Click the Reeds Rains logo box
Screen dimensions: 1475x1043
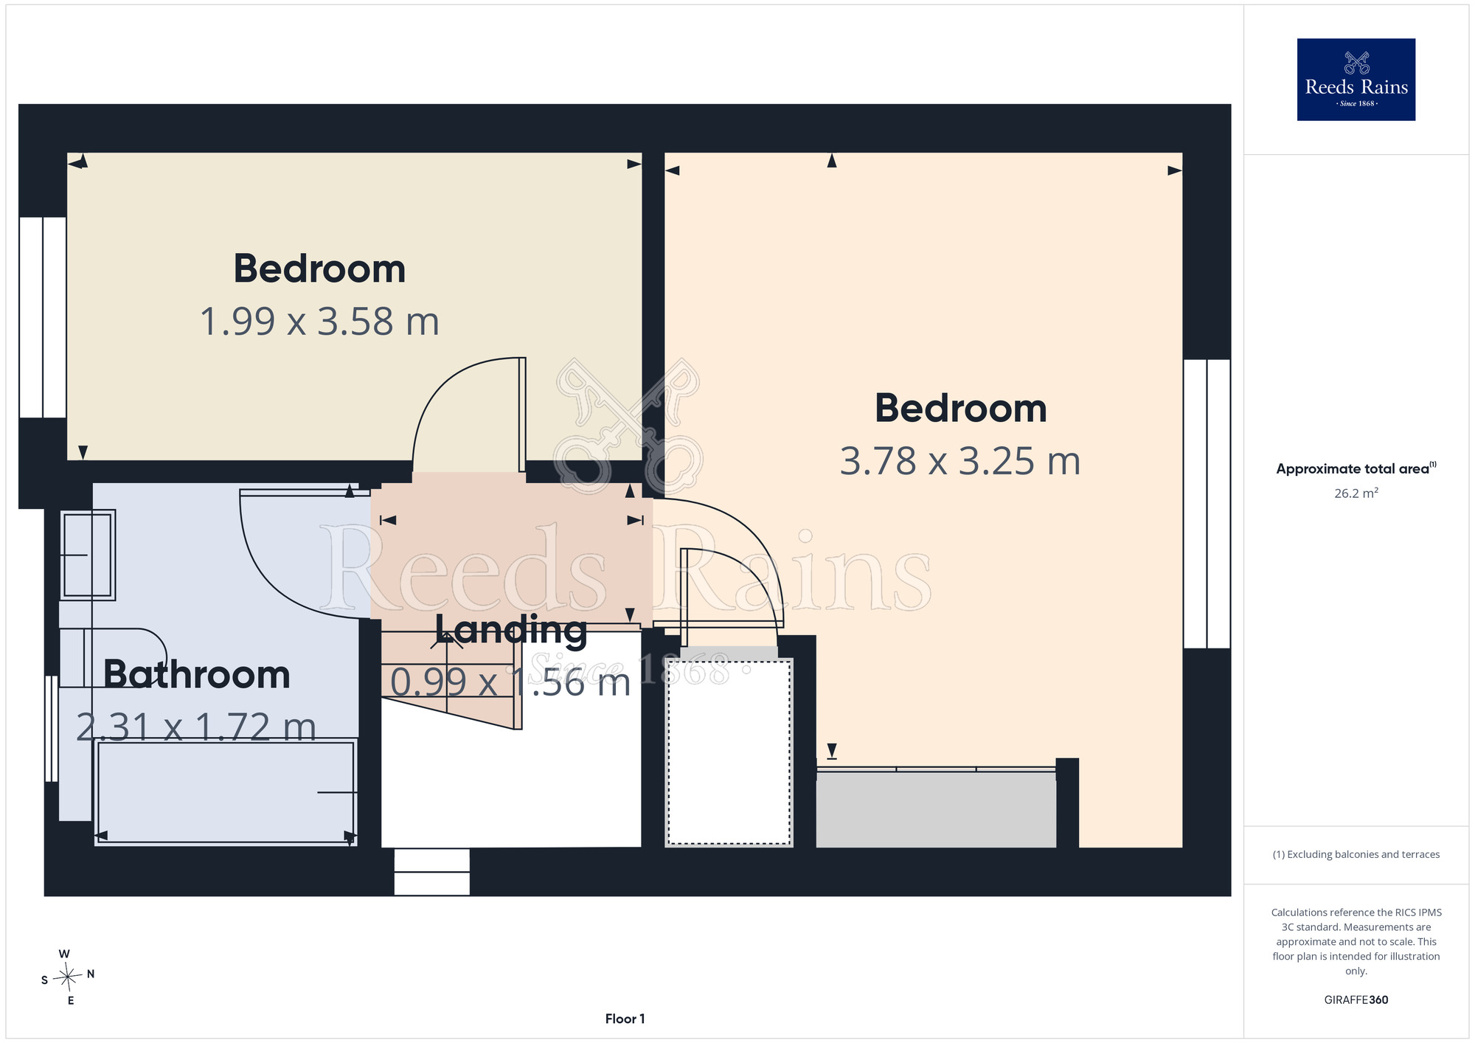[x=1356, y=80]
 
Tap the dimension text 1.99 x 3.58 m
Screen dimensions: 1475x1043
[x=320, y=322]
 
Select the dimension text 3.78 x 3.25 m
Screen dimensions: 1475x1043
[x=960, y=462]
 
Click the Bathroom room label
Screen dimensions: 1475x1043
[x=197, y=674]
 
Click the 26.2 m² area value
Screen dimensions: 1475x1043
[x=1356, y=493]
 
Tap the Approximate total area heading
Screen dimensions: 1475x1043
[x=1356, y=468]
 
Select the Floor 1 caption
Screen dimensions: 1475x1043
[x=625, y=1019]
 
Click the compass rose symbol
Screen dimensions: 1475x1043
[x=67, y=977]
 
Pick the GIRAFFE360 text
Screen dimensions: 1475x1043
[x=1356, y=1000]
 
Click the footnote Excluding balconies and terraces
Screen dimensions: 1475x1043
[x=1356, y=854]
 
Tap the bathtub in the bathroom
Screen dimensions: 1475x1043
[x=226, y=791]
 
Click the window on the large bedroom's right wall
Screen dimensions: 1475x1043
[x=1207, y=504]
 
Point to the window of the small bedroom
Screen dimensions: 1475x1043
[x=43, y=317]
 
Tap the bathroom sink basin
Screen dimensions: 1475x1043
[x=88, y=555]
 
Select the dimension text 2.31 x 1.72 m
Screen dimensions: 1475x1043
[x=197, y=727]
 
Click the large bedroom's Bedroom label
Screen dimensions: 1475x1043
[x=961, y=408]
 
